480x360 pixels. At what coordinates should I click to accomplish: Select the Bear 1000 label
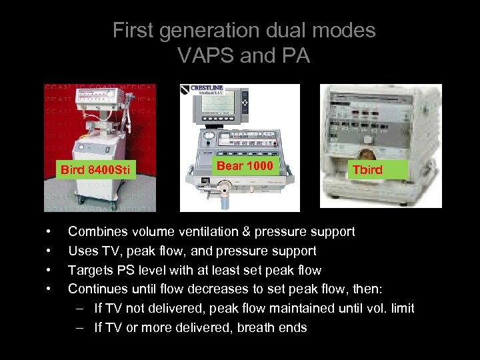(x=244, y=165)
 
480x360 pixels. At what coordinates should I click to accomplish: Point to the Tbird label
(x=367, y=169)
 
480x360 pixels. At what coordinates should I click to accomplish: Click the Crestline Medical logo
(x=207, y=91)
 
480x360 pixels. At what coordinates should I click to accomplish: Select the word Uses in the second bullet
(x=82, y=251)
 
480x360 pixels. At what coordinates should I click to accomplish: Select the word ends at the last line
(x=293, y=327)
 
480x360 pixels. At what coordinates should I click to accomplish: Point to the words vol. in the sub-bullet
(x=369, y=308)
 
